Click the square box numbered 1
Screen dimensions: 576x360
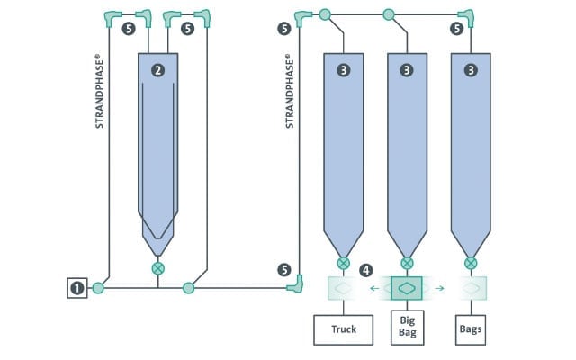[77, 288]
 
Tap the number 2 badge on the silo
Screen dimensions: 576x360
[158, 70]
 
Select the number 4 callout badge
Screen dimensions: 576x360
[366, 271]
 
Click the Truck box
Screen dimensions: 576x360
[344, 330]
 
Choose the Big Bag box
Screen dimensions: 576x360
[408, 328]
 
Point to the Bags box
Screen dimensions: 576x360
[471, 330]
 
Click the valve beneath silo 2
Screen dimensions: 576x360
[158, 268]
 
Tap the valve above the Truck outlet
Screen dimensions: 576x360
[344, 263]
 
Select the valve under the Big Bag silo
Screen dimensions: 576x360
[407, 263]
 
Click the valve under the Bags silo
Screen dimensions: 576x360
[471, 263]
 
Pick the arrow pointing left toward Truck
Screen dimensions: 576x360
[374, 288]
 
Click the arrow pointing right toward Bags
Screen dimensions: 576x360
[439, 288]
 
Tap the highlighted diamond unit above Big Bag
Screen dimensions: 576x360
[407, 288]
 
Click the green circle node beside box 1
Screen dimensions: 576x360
[98, 288]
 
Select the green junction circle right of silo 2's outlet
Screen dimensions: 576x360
[188, 288]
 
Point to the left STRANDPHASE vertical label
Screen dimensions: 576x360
[99, 91]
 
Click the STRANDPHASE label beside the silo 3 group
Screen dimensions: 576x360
[290, 91]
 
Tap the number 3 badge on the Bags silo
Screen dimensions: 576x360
[471, 70]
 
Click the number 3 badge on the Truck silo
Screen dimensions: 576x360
[344, 70]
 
